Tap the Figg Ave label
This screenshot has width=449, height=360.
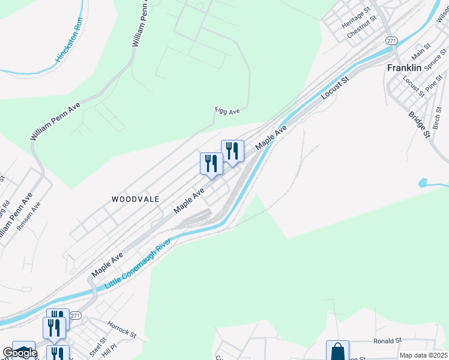pos(228,111)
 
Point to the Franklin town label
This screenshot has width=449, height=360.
pos(404,68)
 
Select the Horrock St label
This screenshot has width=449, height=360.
pos(122,329)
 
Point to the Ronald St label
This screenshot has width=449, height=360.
pos(387,341)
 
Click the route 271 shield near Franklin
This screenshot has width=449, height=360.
pos(391,40)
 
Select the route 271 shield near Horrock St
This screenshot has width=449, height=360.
pos(75,316)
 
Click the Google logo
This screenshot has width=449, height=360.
pos(19,353)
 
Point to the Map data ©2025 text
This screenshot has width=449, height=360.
pos(423,355)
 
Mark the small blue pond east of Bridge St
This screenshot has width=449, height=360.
pos(424,182)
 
